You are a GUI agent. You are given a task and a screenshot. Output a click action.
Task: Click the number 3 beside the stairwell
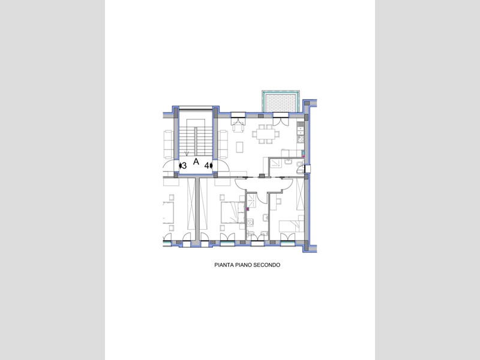click(184, 166)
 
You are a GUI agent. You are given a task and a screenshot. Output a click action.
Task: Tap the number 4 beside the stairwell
click(206, 166)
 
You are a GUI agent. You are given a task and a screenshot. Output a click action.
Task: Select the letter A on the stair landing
click(196, 161)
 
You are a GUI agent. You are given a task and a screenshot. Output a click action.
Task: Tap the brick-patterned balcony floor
click(281, 103)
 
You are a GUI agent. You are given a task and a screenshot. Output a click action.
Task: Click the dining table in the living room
click(266, 134)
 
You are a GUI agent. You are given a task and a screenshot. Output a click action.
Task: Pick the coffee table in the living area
click(239, 148)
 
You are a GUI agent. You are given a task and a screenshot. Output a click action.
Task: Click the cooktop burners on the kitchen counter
click(300, 139)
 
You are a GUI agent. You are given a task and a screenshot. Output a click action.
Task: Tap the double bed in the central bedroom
click(233, 213)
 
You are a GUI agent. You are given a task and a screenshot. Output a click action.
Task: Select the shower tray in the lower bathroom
click(251, 200)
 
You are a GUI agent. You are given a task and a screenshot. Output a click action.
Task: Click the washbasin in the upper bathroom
click(289, 161)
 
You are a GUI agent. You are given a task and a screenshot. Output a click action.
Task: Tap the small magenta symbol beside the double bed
click(248, 209)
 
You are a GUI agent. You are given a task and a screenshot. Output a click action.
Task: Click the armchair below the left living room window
click(238, 125)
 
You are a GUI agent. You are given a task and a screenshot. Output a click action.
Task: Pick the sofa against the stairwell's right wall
click(223, 144)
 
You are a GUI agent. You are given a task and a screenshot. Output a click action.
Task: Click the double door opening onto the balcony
click(281, 119)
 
